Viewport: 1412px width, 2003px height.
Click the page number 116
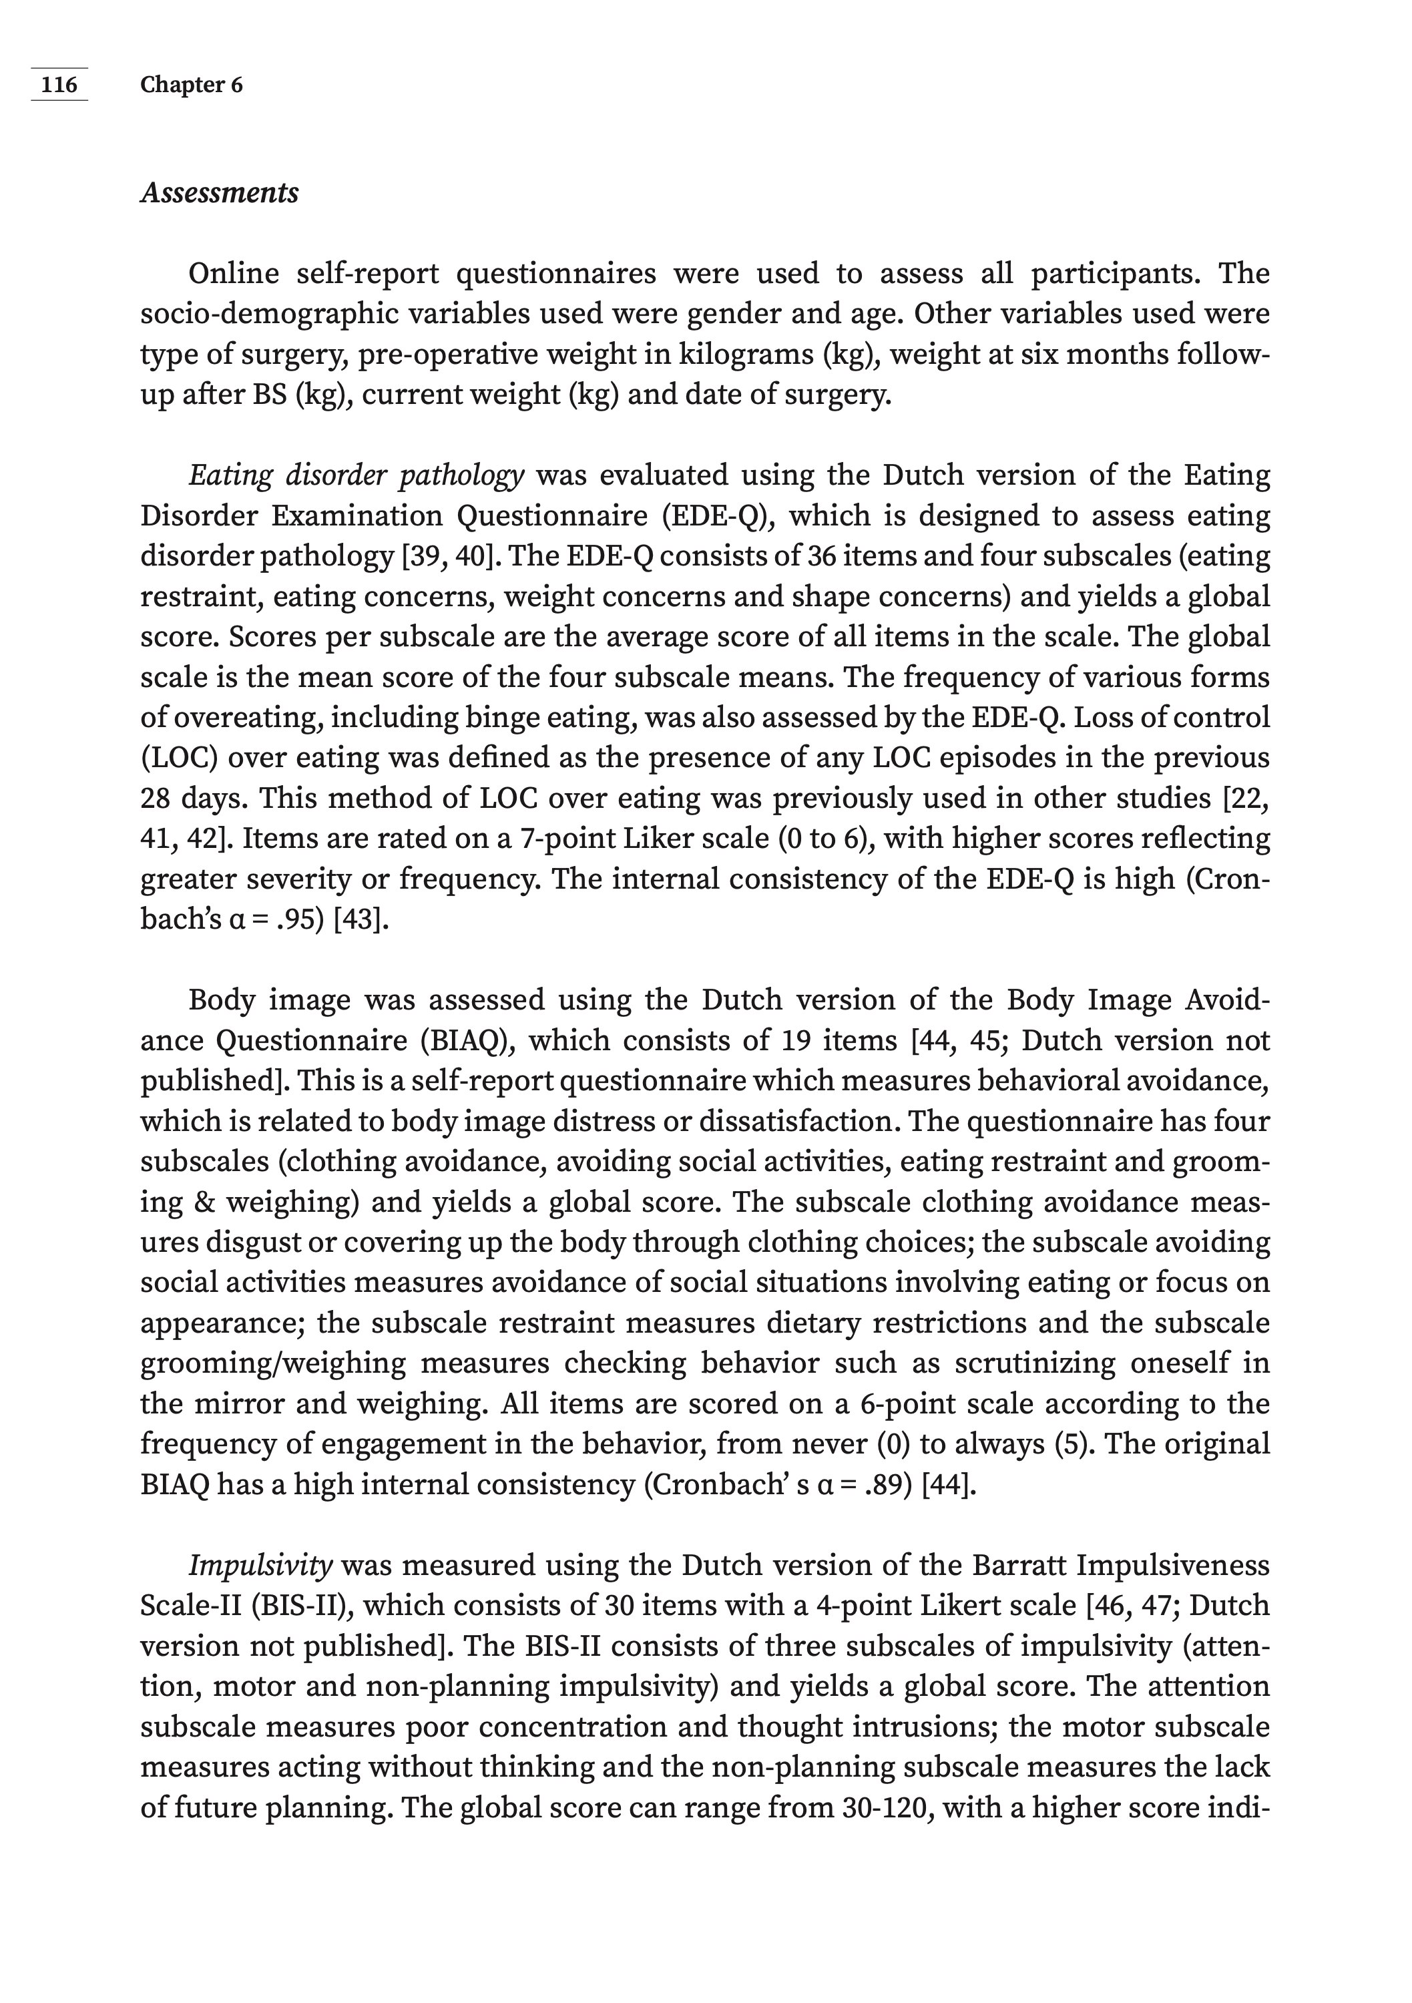pyautogui.click(x=59, y=85)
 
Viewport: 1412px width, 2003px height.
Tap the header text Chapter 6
pyautogui.click(x=191, y=85)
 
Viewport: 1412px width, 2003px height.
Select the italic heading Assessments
pyautogui.click(x=219, y=193)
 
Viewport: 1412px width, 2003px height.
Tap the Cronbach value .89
pyautogui.click(x=885, y=1484)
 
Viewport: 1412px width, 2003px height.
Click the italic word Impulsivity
pyautogui.click(x=260, y=1565)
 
